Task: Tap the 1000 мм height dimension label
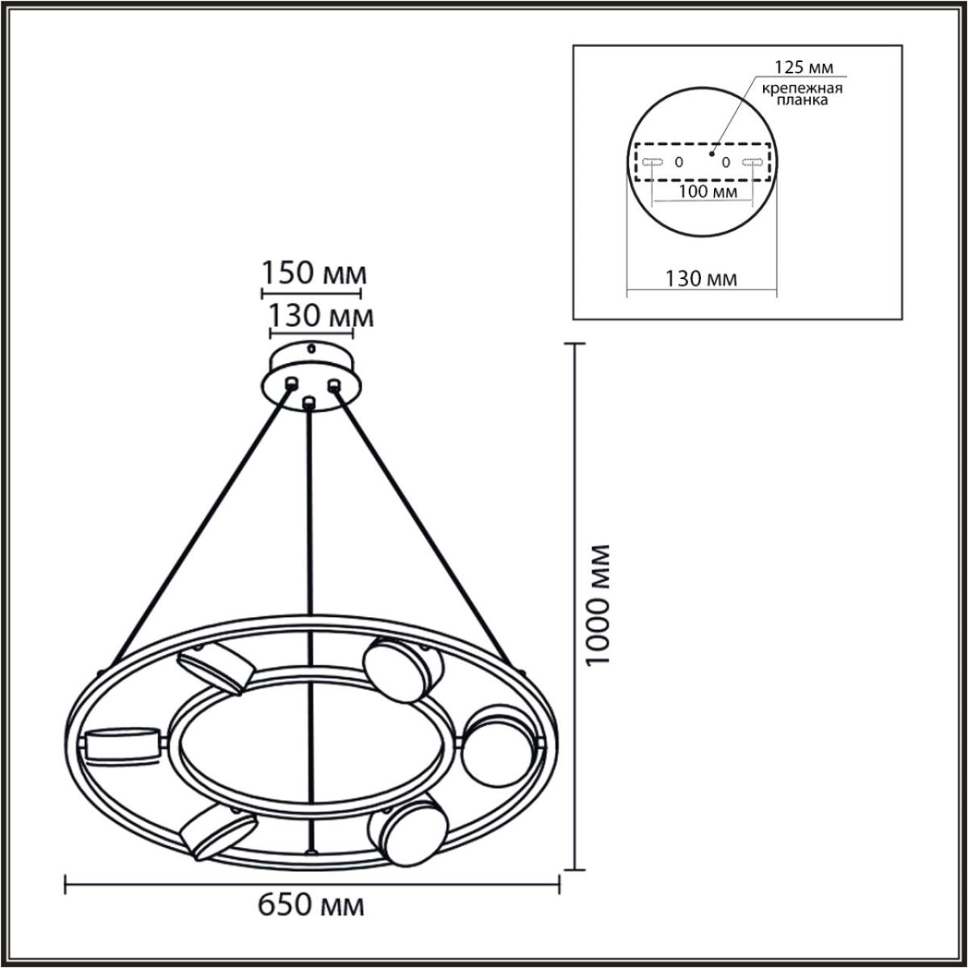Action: click(x=599, y=604)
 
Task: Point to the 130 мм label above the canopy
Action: click(x=320, y=315)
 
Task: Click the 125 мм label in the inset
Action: click(x=803, y=66)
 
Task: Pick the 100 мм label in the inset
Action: click(x=708, y=191)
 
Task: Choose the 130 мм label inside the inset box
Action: click(x=701, y=279)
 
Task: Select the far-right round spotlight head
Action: click(x=497, y=746)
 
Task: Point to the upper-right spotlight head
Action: click(x=402, y=670)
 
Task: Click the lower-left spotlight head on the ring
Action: click(x=218, y=831)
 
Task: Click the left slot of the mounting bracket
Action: click(x=653, y=162)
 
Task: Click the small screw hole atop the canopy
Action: click(x=311, y=349)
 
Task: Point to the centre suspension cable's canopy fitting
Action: click(x=307, y=401)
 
